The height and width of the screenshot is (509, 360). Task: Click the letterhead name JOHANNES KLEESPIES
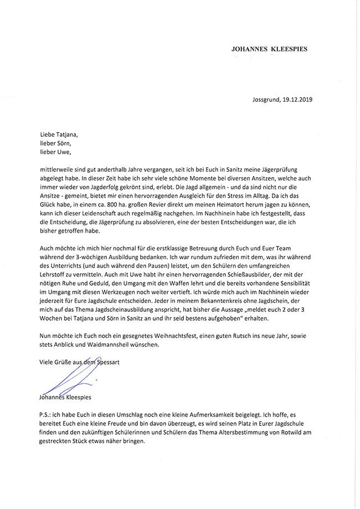(x=269, y=49)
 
